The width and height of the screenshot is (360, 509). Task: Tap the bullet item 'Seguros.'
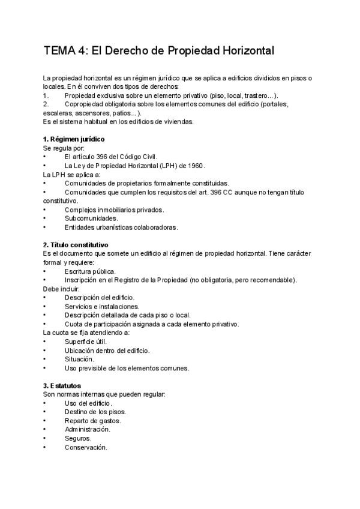[77, 438]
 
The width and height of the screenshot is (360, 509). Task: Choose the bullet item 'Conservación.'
[86, 447]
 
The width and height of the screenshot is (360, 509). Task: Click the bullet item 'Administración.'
[88, 429]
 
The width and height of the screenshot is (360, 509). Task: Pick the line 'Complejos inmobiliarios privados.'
[114, 209]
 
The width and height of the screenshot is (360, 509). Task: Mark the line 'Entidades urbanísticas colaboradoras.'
[121, 227]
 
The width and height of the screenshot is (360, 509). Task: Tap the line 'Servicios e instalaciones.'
[102, 306]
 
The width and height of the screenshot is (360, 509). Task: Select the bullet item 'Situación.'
[79, 359]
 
